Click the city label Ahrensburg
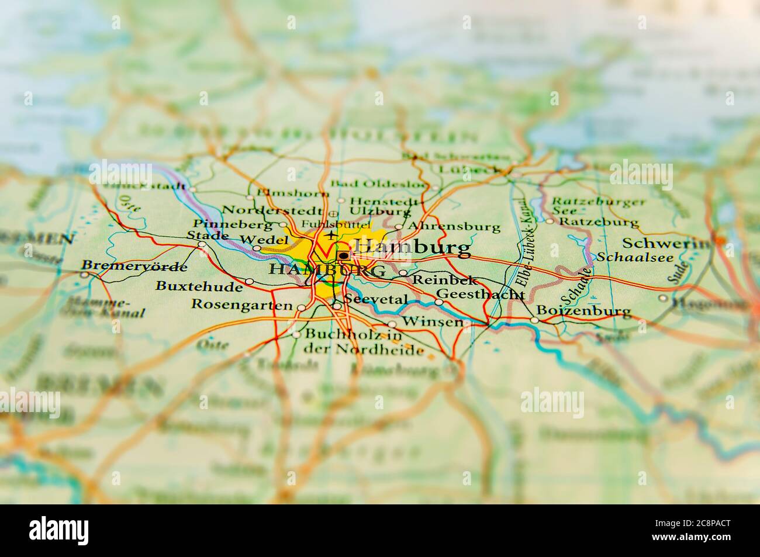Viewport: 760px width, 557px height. tap(455, 226)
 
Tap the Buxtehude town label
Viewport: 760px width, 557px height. tap(199, 286)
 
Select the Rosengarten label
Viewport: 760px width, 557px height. tap(241, 305)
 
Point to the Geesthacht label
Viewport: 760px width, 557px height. tap(480, 294)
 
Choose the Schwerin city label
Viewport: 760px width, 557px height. tap(666, 243)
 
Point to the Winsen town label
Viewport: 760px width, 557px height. tap(433, 322)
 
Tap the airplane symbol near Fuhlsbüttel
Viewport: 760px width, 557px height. tap(332, 235)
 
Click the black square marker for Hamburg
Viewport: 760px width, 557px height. tap(344, 255)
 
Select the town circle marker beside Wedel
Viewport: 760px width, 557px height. tap(257, 248)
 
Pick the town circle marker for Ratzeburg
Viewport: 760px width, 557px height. tap(550, 221)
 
